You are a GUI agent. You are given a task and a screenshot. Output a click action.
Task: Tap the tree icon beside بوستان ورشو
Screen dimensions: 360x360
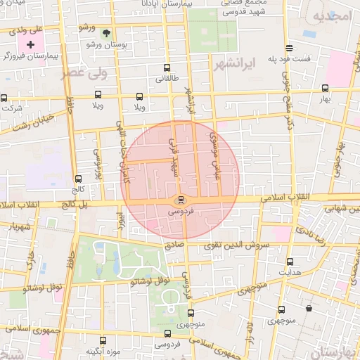[106, 33]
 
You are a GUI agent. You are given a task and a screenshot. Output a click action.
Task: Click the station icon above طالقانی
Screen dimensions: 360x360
[164, 69]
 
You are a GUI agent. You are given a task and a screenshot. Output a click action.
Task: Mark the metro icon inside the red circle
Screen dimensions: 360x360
[181, 199]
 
